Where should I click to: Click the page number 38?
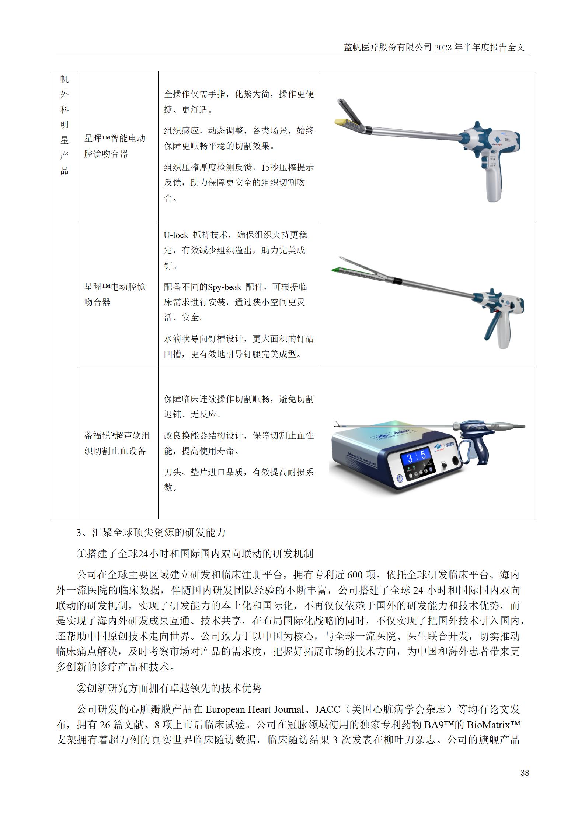point(525,773)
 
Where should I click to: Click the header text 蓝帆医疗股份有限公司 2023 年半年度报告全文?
point(434,48)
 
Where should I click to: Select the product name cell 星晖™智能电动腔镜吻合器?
point(115,146)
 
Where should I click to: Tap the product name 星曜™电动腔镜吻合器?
point(115,294)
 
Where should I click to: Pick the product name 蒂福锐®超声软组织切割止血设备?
point(117,443)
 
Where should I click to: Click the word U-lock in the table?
point(176,235)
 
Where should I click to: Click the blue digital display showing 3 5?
point(417,457)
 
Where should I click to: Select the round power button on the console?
point(400,479)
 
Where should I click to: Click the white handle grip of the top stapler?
point(493,184)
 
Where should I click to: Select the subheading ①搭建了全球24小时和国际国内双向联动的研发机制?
point(195,553)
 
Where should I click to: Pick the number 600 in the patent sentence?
point(355,575)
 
